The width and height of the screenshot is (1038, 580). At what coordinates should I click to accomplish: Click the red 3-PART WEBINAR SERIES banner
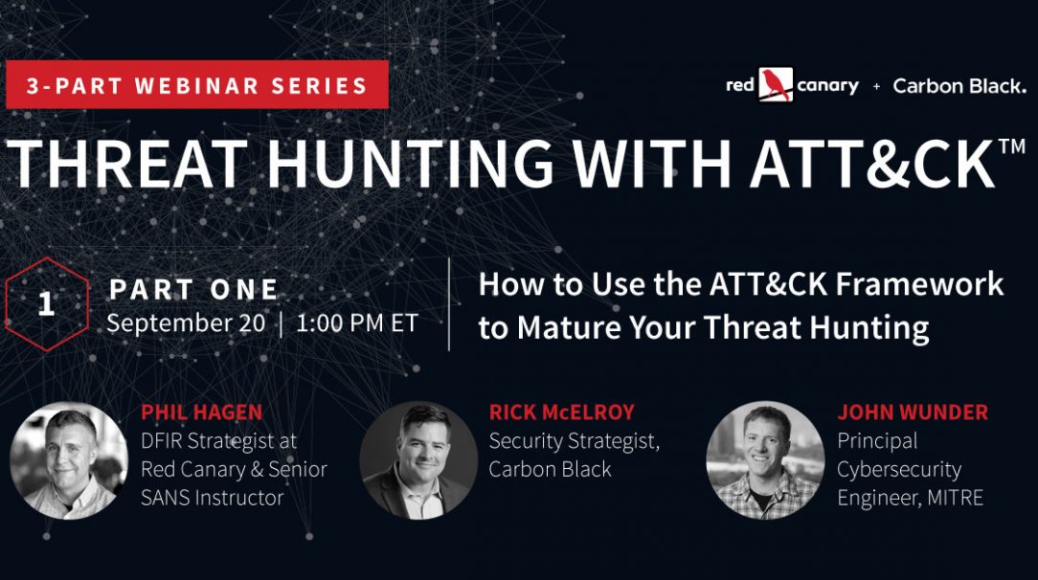click(197, 84)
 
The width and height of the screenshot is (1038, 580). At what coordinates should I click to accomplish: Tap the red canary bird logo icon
click(776, 85)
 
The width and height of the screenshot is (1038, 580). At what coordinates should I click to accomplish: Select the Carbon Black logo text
click(959, 86)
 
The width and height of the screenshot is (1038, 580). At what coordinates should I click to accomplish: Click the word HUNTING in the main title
click(410, 163)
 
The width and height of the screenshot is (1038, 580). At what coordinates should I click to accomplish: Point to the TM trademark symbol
click(1012, 145)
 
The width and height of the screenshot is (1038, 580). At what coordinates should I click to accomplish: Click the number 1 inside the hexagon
click(46, 303)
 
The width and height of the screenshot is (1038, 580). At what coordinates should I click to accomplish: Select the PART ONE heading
click(193, 289)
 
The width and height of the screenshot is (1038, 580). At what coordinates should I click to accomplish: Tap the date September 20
click(186, 323)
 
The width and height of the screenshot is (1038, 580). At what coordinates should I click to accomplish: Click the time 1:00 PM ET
click(357, 323)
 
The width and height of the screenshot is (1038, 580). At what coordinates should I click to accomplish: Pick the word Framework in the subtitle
click(919, 284)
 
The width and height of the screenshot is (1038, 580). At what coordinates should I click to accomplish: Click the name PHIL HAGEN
click(202, 412)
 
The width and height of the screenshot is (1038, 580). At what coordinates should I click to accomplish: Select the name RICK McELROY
click(561, 412)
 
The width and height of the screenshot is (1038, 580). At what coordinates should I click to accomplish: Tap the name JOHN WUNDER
click(913, 412)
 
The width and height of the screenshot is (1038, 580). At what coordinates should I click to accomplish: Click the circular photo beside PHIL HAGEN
click(69, 460)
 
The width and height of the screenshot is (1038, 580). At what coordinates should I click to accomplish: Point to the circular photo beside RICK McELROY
click(418, 460)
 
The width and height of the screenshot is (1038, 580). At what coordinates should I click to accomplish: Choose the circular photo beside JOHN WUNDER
click(766, 460)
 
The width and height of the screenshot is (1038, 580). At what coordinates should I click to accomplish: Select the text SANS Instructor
click(213, 498)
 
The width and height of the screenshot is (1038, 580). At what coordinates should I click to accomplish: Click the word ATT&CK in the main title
click(873, 163)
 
